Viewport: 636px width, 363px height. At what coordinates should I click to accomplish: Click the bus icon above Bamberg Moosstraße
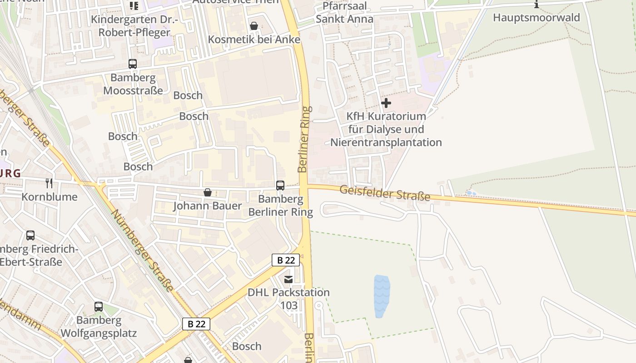tap(133, 64)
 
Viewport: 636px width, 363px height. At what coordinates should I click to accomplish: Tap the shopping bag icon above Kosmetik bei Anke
tap(254, 26)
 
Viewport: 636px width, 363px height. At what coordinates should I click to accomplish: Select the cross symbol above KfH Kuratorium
tap(386, 103)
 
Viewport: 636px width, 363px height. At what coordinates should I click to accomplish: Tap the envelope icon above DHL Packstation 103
tap(288, 279)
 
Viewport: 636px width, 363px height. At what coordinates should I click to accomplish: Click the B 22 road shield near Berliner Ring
tap(286, 260)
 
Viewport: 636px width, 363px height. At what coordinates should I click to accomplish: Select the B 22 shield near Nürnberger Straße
tap(197, 324)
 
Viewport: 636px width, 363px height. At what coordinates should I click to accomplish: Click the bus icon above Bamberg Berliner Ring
tap(280, 185)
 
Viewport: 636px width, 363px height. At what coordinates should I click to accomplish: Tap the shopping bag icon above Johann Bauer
tap(208, 192)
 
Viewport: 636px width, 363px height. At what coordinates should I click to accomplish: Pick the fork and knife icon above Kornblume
tap(50, 183)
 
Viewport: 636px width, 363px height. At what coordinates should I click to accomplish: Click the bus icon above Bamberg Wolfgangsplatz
tap(99, 307)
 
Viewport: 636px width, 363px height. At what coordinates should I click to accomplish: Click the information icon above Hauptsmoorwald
tap(537, 5)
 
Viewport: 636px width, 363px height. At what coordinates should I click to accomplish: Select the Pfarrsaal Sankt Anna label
tap(344, 13)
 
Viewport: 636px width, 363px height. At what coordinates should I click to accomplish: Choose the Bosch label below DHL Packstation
tap(247, 346)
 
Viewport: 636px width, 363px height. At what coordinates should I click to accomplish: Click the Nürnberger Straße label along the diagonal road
tap(142, 250)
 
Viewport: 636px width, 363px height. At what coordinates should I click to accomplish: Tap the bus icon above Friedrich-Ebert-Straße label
tap(30, 235)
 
